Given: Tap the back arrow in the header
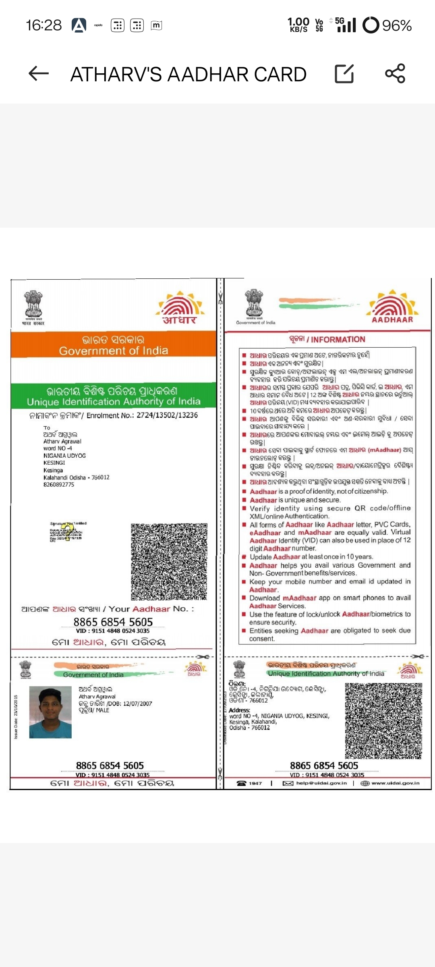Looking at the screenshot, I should tap(39, 74).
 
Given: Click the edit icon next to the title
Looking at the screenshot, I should tap(344, 74).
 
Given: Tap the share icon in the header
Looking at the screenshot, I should tap(395, 74).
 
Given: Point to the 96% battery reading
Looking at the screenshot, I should tap(397, 26).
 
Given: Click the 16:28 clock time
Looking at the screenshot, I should tap(43, 25).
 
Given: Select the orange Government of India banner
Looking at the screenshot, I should tap(114, 345).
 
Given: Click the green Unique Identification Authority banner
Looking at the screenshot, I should tap(114, 396).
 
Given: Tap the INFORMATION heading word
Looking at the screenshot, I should tap(338, 340).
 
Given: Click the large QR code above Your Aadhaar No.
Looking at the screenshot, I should tap(169, 562).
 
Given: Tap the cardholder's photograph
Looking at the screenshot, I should tap(50, 712).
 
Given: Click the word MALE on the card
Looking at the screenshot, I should tap(103, 710).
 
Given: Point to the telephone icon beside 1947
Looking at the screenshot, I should tap(242, 783).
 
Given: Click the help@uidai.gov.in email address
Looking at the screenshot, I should tap(321, 783).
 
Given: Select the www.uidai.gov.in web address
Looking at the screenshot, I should tap(395, 783).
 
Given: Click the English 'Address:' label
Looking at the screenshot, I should tap(239, 710).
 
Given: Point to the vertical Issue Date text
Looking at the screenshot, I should tap(16, 716).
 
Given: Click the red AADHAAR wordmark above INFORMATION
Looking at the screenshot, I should tap(392, 320).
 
